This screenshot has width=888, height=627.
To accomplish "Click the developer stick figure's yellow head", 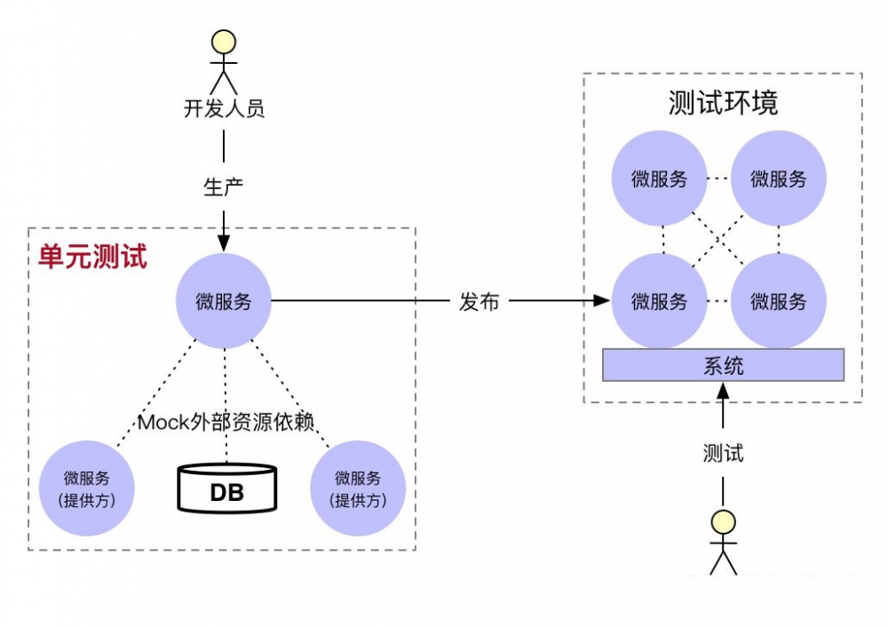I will (223, 42).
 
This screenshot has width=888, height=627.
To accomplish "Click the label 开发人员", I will (224, 109).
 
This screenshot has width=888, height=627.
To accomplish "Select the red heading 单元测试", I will (92, 258).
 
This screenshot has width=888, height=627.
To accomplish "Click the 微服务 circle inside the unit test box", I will (224, 301).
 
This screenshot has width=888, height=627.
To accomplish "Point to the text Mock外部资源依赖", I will (226, 422).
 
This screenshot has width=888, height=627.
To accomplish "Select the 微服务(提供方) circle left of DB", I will (87, 488).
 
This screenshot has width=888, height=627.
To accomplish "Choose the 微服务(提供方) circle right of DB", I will (358, 488).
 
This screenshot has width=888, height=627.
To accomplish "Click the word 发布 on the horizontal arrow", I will (479, 301).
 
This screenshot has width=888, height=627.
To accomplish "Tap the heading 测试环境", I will (723, 103).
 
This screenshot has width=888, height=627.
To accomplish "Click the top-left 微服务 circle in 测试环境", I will (660, 179).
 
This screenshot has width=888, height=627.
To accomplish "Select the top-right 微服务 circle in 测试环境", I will (779, 179).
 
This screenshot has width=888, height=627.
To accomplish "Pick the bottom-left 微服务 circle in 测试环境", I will (660, 301).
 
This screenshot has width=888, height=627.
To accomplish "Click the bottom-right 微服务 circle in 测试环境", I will (779, 301).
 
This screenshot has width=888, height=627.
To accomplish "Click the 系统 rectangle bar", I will (723, 365).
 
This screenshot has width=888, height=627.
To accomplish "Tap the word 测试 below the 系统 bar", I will (723, 453).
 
